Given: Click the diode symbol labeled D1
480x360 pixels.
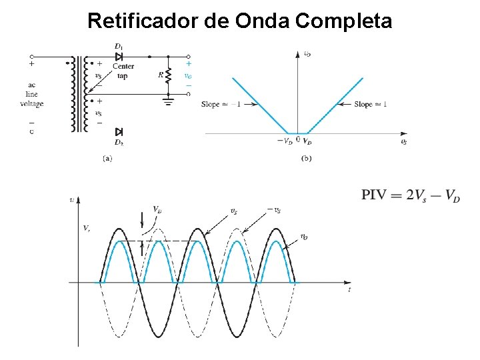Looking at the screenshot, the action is pos(119,57).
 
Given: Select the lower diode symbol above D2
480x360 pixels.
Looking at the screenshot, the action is pos(119,132).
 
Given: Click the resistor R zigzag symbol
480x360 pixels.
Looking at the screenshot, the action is pos(168,75).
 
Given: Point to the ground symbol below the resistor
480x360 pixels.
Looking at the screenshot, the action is pos(168,101).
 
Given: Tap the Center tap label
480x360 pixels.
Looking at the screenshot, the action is pos(123,71).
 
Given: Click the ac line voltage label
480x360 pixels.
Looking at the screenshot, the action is pos(31,95).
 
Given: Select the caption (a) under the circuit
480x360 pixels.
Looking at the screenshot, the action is pos(107,159).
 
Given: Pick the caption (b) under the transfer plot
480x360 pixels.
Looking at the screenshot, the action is pos(306,158).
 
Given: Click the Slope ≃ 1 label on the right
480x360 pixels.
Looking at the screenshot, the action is pos(371,104).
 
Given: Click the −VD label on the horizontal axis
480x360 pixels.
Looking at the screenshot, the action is pos(285,141).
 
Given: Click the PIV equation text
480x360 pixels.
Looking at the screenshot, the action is pos(411,195).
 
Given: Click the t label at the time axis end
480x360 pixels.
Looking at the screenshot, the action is pos(349,291).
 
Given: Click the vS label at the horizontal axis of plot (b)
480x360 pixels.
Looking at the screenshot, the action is pos(403,141).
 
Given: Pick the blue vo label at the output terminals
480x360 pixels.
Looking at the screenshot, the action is pos(188,75).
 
